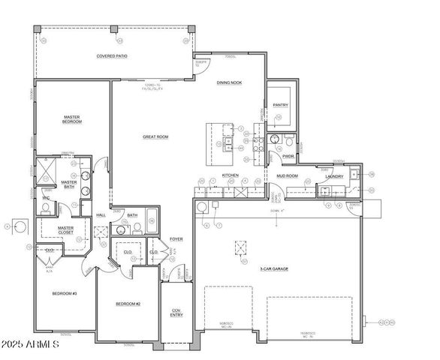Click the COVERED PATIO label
pos(111,55)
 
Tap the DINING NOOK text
pos(229,83)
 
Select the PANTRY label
pos(281,105)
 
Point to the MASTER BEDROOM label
pos(72,119)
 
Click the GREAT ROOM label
pos(155,136)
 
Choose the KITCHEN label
pos(230,175)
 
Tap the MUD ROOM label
pos(288,176)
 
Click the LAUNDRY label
pos(334,177)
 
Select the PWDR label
pos(288,156)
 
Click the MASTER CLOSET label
pos(61,232)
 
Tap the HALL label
pos(101,215)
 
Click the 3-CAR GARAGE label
pos(274,268)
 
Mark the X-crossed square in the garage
pos(240,249)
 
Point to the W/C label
pos(46,199)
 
